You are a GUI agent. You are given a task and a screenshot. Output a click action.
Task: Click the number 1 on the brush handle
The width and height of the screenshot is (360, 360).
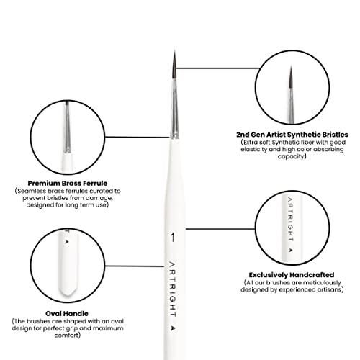173,238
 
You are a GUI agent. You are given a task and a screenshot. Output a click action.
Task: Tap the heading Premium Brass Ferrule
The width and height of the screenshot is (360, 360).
68,184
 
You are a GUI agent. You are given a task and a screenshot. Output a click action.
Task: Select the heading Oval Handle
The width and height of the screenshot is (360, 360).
67,313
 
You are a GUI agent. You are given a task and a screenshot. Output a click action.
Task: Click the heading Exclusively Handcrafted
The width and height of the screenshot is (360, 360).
292,275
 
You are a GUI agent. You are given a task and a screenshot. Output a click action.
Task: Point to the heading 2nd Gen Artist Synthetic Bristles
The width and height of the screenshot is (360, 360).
292,135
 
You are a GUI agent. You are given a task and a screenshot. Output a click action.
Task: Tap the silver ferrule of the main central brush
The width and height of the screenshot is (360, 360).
175,109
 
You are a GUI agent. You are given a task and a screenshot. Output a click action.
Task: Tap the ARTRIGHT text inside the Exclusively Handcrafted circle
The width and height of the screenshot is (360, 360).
290,219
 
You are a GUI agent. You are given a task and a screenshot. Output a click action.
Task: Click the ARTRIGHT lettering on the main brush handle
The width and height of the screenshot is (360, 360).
173,289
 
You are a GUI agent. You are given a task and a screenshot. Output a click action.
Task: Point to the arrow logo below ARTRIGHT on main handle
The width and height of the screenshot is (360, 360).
173,328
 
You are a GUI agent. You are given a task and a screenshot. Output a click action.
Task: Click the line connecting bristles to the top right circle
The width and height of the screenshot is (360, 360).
217,68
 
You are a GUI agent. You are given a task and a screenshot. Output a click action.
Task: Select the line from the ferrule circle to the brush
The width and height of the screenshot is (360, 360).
137,137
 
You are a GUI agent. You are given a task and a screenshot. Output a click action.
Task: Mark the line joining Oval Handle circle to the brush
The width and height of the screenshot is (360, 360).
135,266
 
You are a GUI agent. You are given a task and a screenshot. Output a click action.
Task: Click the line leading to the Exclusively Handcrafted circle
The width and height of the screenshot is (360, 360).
220,229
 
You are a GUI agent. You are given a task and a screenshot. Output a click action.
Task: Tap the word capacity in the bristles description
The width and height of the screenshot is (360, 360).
292,156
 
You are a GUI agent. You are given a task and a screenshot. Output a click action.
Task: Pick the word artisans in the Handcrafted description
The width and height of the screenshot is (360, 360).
330,289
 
